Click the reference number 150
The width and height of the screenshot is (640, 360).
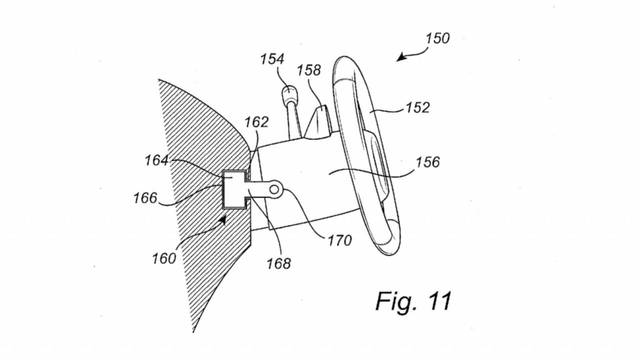(437, 38)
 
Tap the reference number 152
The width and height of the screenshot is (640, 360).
(417, 107)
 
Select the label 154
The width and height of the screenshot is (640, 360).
(272, 59)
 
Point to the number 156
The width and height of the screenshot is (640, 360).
(427, 162)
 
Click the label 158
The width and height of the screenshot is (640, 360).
(309, 70)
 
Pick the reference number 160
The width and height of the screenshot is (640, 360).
(164, 259)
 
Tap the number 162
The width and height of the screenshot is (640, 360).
(256, 122)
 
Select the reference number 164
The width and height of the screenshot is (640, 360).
(157, 160)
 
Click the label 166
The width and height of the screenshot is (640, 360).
(145, 197)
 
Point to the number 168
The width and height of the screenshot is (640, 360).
(279, 263)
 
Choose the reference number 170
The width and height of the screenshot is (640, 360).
(339, 240)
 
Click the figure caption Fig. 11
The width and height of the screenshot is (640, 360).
(413, 301)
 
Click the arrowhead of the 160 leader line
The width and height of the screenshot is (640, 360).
(223, 220)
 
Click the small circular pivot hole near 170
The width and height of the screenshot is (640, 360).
(274, 189)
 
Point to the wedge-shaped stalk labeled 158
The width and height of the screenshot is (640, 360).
(318, 122)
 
